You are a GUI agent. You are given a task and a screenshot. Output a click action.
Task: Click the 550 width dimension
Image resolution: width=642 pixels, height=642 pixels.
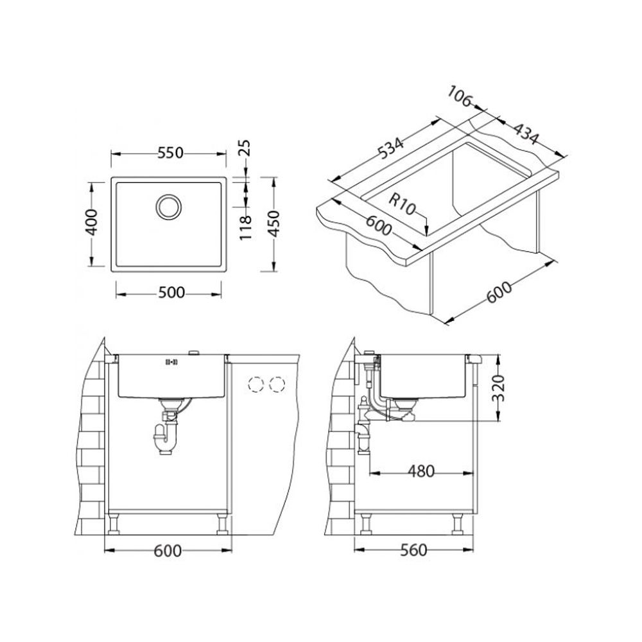[x=170, y=153]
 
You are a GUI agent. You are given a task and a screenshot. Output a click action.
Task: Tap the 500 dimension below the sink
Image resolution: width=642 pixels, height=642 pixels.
[x=171, y=293]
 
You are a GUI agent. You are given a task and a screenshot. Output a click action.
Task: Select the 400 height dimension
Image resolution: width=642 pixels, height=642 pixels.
[x=92, y=222]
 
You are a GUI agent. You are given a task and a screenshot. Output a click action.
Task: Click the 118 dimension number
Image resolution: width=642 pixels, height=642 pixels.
[x=245, y=228]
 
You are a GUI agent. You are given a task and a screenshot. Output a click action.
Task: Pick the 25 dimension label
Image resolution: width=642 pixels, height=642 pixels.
[x=245, y=148]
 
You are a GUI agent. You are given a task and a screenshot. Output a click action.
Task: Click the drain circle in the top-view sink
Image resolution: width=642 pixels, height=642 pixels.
[x=168, y=206]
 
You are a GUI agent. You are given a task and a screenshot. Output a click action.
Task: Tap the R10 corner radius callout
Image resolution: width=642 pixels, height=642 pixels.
[x=402, y=204]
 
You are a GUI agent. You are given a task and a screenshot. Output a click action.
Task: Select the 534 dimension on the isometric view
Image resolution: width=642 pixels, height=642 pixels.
[x=390, y=146]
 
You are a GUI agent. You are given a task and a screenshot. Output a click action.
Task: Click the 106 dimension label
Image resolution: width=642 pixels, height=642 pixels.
[x=460, y=97]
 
